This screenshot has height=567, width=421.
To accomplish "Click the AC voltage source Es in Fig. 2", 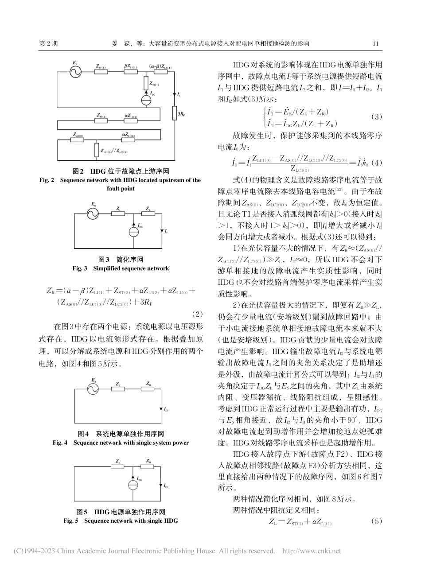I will (x=75, y=71).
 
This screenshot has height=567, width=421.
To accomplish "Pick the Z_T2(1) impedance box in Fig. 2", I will (x=146, y=82).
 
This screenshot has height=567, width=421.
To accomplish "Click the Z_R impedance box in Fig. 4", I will (x=148, y=389).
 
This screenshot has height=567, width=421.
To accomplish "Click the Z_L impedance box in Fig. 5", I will (x=118, y=467).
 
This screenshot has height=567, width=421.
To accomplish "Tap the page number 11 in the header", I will (x=376, y=44).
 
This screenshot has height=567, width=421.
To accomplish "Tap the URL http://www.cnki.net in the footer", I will (x=312, y=551).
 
